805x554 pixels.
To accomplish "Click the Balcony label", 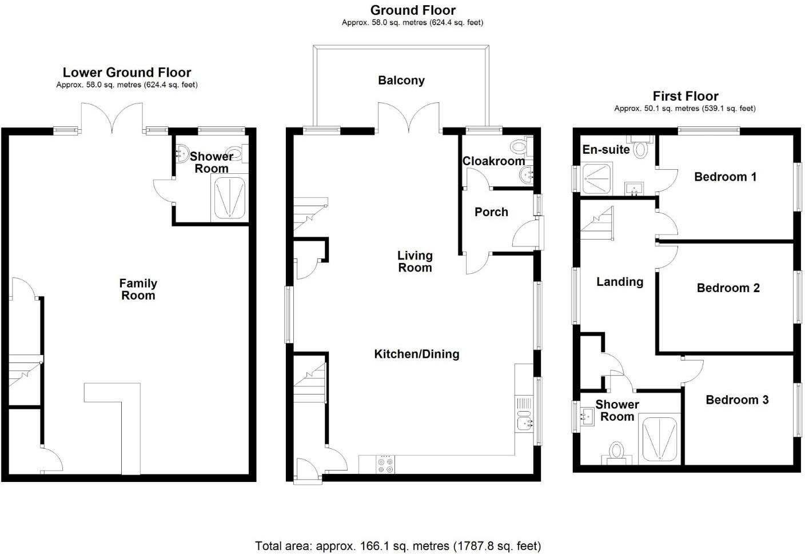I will pos(401,81).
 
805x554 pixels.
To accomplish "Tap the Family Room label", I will pos(138,289).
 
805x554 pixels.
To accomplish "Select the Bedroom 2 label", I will pos(728,288).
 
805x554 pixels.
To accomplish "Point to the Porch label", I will pos(491,212).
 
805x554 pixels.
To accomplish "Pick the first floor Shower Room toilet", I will pos(616,452).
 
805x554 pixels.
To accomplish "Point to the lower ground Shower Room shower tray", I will pos(229,197).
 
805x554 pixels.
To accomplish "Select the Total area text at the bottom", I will pos(398,546).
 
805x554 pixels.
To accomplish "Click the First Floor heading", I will pos(685,96).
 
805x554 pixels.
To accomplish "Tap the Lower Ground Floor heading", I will pos(127,73).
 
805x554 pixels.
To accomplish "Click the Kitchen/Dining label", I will pos(416,354).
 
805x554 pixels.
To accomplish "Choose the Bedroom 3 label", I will pos(736,400).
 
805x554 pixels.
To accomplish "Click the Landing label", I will pos(620,282).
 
